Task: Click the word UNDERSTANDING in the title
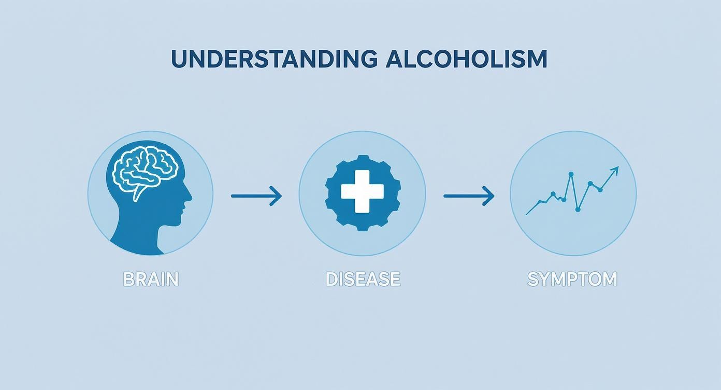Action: (274, 59)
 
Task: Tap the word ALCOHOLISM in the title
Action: (466, 59)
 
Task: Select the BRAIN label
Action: (151, 279)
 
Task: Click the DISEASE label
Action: (363, 279)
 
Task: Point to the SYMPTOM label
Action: (572, 279)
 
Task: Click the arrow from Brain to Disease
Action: (256, 196)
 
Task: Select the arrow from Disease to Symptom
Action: (469, 196)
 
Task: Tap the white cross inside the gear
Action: (363, 191)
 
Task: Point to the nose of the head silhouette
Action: (191, 197)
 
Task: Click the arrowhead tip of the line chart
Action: (617, 168)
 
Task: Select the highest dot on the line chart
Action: (571, 174)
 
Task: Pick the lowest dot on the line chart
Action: (578, 210)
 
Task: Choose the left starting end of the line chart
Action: (527, 214)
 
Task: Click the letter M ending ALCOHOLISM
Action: (536, 59)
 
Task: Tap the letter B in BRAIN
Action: (128, 279)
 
